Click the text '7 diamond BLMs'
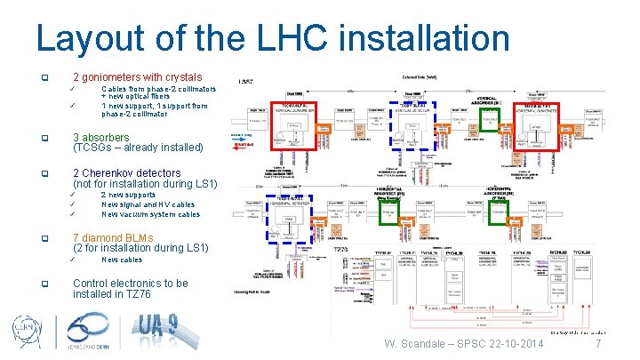coord(113,238)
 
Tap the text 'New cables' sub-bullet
coord(122,260)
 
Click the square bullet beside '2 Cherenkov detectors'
coord(57,173)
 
